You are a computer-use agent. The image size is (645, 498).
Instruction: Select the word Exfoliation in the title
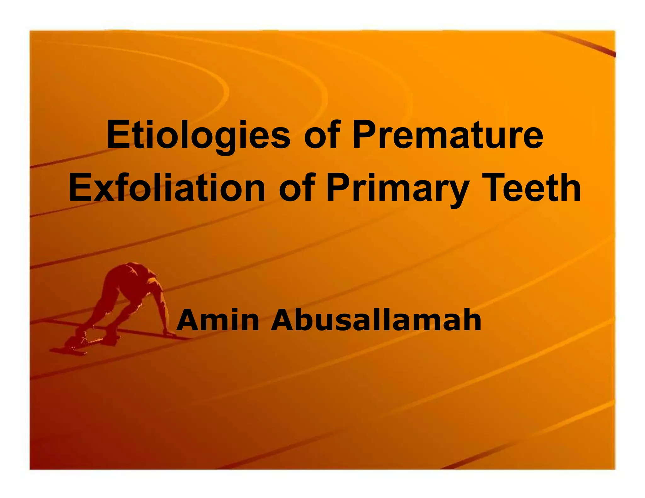167,188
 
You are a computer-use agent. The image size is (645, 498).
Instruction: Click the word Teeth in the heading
529,188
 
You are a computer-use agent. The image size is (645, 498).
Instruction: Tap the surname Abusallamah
376,320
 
